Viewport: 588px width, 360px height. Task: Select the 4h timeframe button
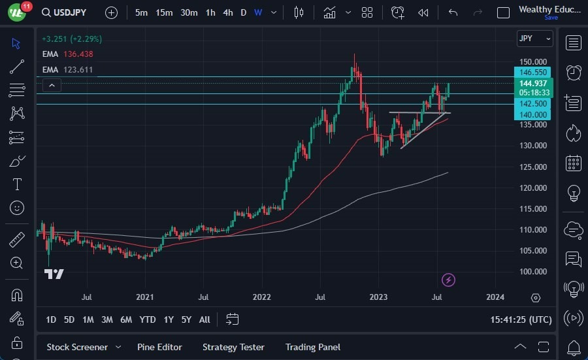[x=227, y=12]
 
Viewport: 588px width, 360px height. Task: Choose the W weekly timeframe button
[x=259, y=12]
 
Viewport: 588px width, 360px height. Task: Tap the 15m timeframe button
[x=164, y=12]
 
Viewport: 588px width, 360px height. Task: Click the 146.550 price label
[x=533, y=73]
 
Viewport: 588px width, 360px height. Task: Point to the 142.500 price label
[x=533, y=103]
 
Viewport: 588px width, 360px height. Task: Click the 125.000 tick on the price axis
[x=533, y=167]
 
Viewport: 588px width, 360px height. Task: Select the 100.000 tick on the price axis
[x=533, y=271]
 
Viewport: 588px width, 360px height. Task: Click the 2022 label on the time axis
[x=261, y=297]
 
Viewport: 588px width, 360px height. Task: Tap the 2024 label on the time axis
[x=495, y=297]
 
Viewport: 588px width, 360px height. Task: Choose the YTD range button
[x=148, y=319]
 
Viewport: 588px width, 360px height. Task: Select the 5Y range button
[x=186, y=319]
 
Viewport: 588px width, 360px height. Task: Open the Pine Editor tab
[x=159, y=347]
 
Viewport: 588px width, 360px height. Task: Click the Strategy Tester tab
[x=233, y=347]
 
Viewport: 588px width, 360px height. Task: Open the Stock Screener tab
[x=77, y=347]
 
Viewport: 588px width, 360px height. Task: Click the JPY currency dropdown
[x=534, y=39]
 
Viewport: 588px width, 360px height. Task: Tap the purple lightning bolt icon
[x=448, y=280]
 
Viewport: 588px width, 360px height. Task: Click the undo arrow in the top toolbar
[x=453, y=12]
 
